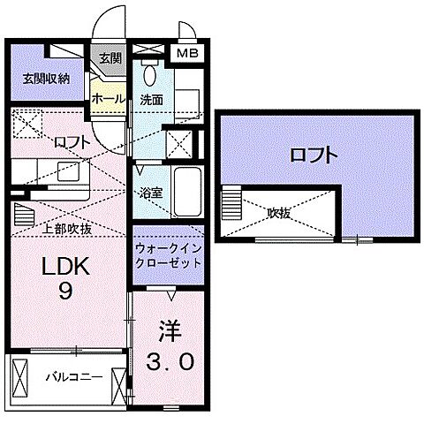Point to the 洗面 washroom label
(151, 100)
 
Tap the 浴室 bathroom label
(148, 190)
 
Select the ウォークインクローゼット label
(168, 256)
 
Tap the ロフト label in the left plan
(72, 140)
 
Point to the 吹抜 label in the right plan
(282, 212)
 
